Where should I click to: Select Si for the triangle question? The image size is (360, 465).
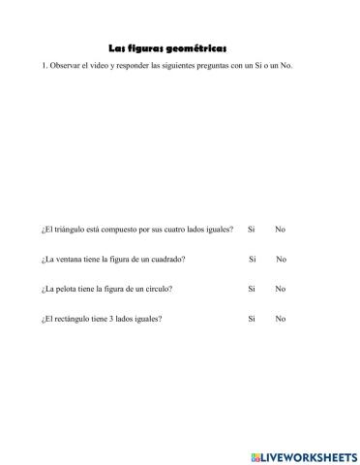click(x=252, y=230)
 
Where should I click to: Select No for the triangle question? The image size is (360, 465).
click(x=280, y=230)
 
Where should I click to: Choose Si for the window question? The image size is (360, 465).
click(x=253, y=259)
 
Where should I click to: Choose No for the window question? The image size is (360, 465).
click(x=282, y=259)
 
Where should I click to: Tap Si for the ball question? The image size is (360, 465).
click(x=252, y=289)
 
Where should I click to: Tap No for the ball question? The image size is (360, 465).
click(x=280, y=289)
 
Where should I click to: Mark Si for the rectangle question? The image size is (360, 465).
click(x=252, y=319)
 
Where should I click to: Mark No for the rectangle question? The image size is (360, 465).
click(x=280, y=319)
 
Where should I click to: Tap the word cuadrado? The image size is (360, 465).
click(x=166, y=259)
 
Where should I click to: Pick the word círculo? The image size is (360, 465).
click(x=159, y=289)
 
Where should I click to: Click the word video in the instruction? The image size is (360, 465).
click(x=108, y=65)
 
